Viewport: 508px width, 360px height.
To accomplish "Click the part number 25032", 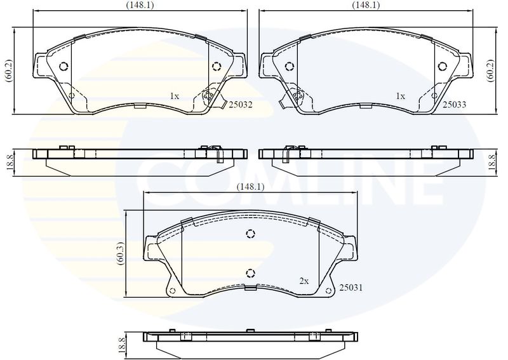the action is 241,105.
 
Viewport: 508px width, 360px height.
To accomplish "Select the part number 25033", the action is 455,104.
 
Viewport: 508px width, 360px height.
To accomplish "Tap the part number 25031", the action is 351,288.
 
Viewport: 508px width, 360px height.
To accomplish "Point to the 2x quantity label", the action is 304,281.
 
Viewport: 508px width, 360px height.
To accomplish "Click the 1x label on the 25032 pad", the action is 174,96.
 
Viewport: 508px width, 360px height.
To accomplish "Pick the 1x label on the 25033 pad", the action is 401,96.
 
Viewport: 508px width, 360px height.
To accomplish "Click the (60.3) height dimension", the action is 121,253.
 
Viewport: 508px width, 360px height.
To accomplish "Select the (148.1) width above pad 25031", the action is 250,187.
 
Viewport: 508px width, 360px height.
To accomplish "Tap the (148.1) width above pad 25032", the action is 140,5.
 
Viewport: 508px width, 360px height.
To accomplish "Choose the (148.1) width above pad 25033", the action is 366,5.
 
